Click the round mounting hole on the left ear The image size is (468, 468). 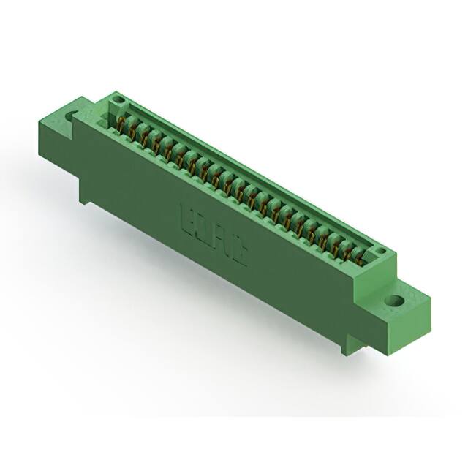tap(72, 116)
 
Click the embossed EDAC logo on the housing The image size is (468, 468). tap(213, 235)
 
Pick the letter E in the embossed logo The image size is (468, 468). tap(187, 219)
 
